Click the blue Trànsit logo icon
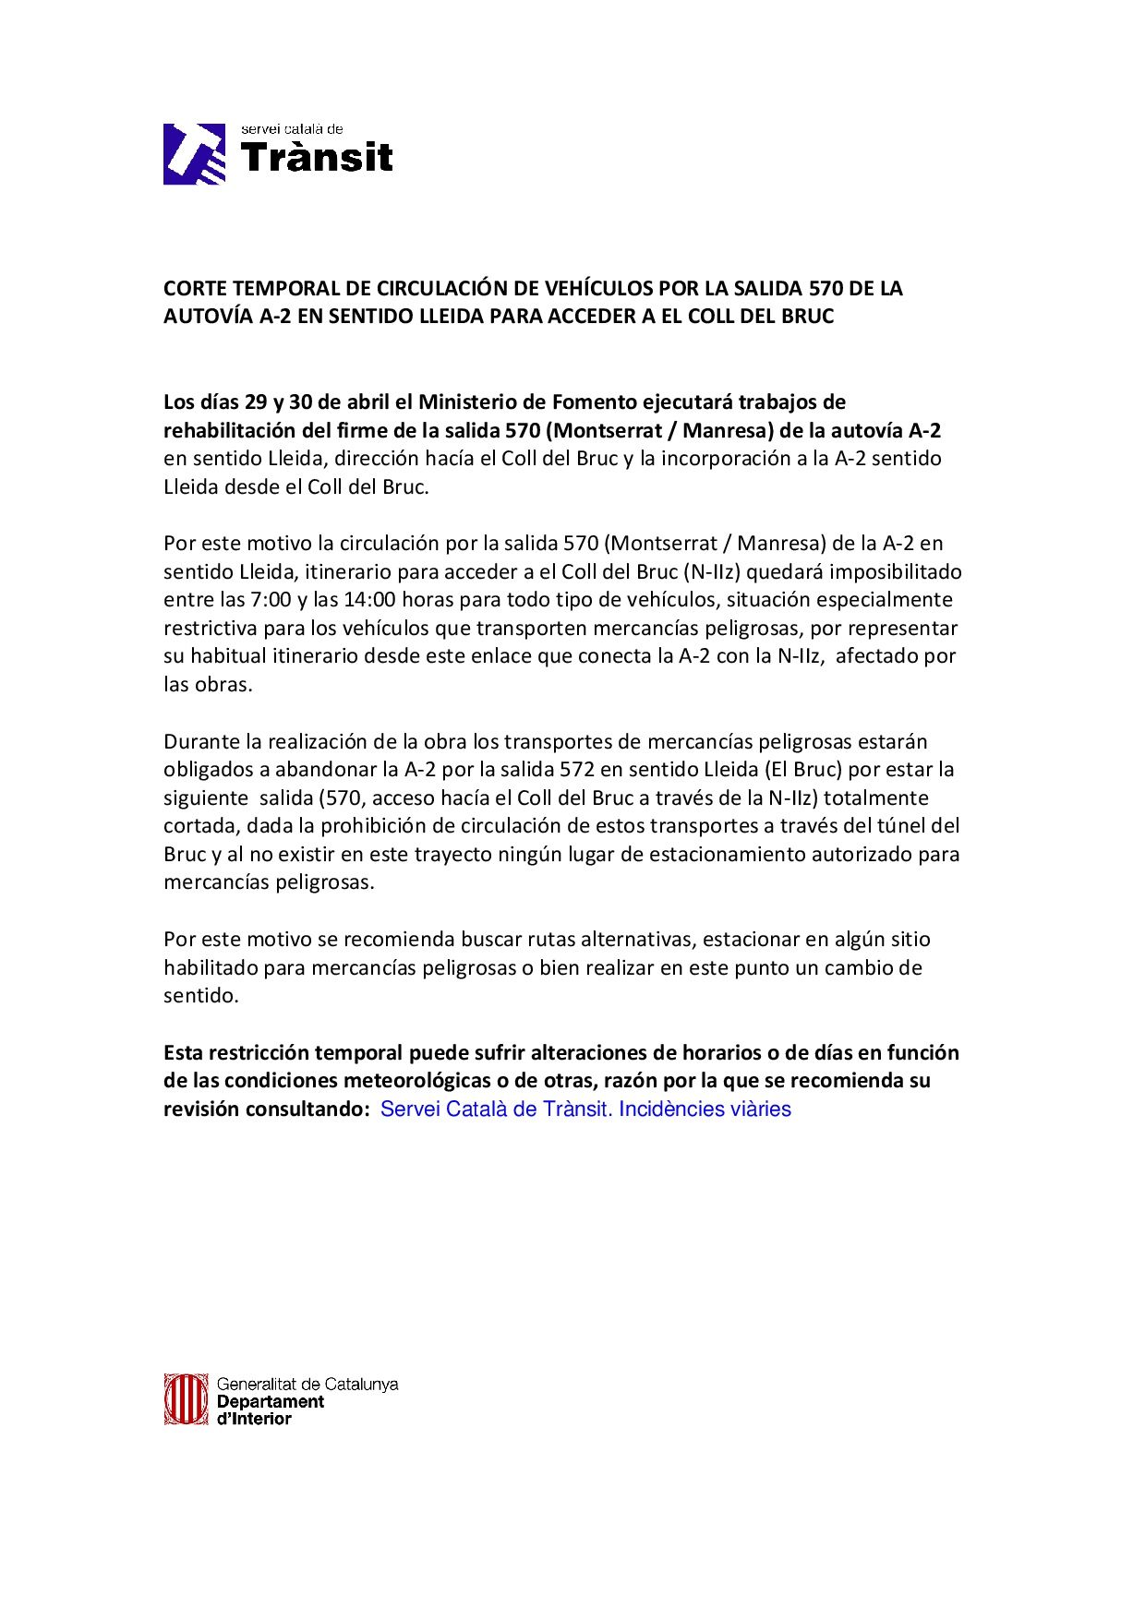pyautogui.click(x=195, y=154)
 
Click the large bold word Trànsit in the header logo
pyautogui.click(x=317, y=159)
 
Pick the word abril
pyautogui.click(x=368, y=402)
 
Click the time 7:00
pyautogui.click(x=271, y=600)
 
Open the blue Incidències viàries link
pyautogui.click(x=705, y=1109)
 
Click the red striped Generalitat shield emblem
pyautogui.click(x=186, y=1399)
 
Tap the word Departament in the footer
pyautogui.click(x=271, y=1401)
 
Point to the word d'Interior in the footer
pyautogui.click(x=254, y=1419)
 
